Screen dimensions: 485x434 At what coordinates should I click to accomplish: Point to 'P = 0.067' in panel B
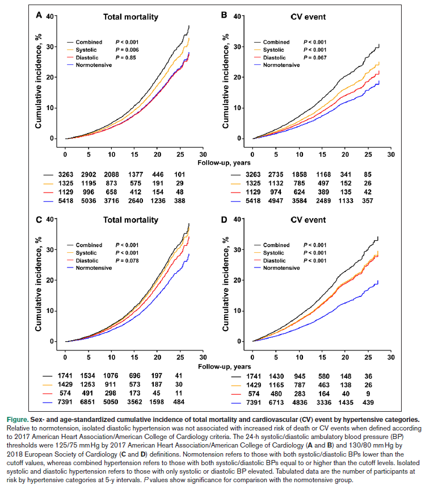point(315,57)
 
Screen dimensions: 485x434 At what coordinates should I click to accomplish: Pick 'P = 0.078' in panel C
point(128,261)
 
